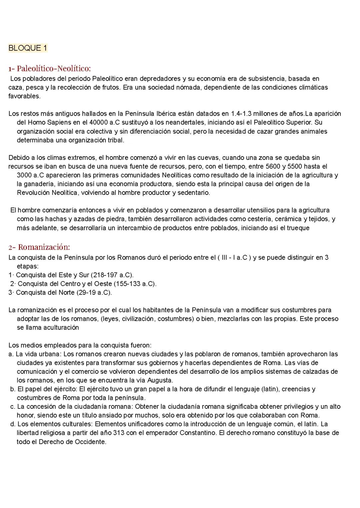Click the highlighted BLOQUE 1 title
28,48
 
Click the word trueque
298,228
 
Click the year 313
119,433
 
